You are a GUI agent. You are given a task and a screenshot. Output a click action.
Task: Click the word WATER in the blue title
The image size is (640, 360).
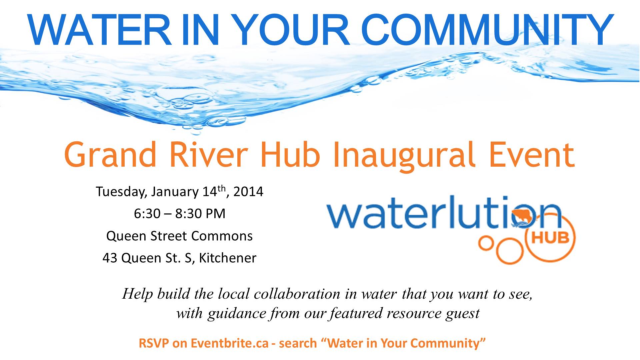100,30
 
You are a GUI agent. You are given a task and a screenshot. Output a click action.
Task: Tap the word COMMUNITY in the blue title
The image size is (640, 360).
487,30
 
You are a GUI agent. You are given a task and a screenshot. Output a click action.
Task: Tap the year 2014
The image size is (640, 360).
248,192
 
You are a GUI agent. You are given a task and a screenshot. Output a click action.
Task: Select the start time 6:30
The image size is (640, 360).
147,214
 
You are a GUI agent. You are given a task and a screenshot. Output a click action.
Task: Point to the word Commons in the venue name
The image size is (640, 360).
222,236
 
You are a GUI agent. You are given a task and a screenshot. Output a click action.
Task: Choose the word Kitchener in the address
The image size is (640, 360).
228,258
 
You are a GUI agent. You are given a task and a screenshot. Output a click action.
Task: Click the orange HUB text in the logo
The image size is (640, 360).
550,238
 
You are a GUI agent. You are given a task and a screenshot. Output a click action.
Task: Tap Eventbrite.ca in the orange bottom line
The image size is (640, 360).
230,343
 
